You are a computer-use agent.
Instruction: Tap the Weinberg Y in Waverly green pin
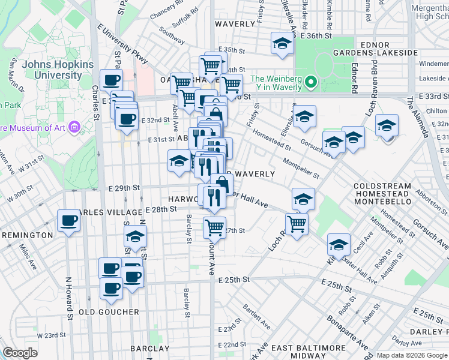pos(310,82)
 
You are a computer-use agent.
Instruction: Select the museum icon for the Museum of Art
pos(74,127)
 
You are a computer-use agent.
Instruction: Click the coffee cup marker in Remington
pos(69,221)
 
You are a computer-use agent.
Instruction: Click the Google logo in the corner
pos(20,353)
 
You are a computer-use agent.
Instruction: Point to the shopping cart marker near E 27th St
pos(214,228)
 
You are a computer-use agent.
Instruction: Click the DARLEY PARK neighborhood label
pos(429,331)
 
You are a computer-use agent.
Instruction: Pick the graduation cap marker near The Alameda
pos(387,126)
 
